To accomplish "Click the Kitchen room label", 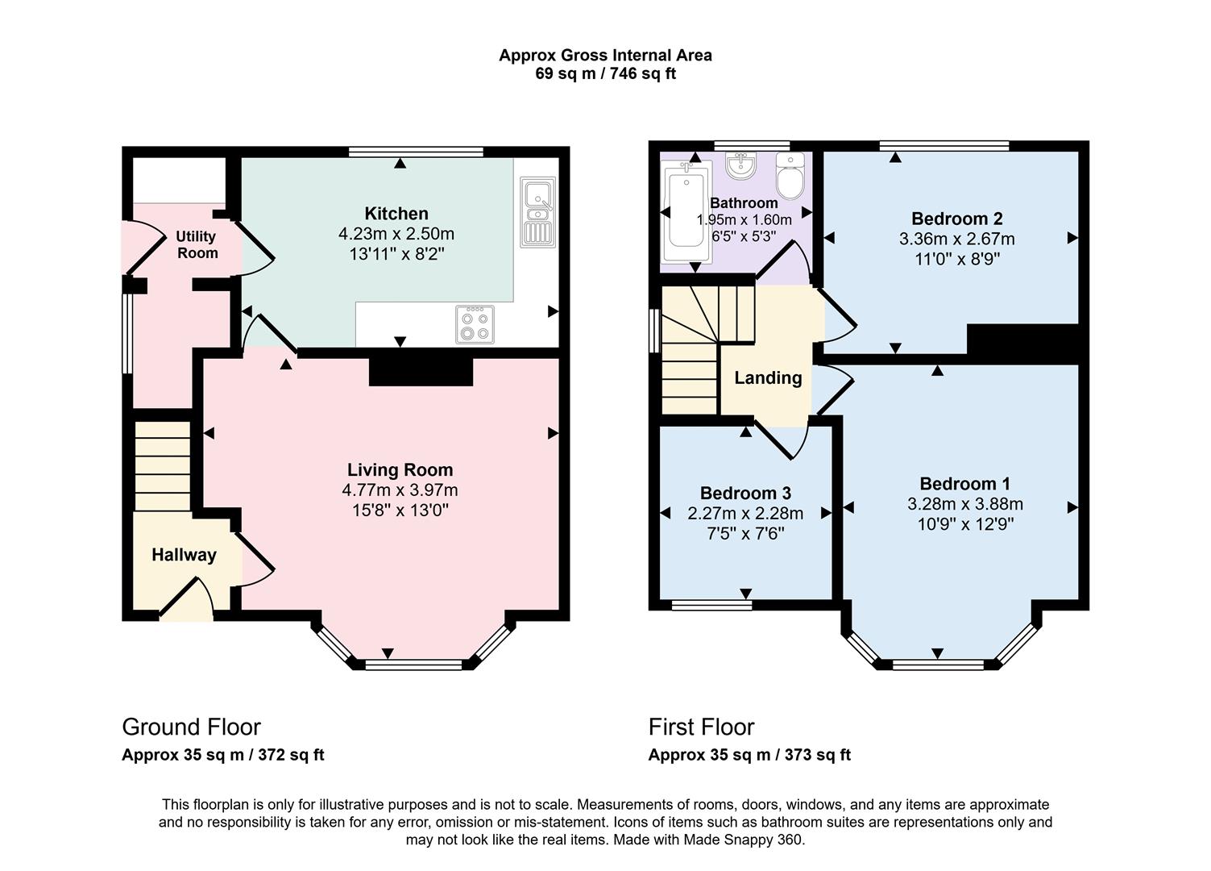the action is (x=396, y=213).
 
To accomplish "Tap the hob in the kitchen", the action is (x=475, y=324).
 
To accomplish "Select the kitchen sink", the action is (x=538, y=212).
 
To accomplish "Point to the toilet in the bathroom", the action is (x=790, y=175).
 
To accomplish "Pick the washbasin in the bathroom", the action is (x=740, y=165).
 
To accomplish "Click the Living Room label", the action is (x=400, y=469).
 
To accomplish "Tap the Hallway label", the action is (x=184, y=555).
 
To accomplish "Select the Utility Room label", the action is (x=197, y=244).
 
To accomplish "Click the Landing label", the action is (x=768, y=377).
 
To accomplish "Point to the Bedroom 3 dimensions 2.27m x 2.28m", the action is (x=745, y=513).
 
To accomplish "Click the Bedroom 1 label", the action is (x=965, y=483).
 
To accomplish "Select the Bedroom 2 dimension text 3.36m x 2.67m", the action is (x=957, y=239).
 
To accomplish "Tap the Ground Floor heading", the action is (x=192, y=727).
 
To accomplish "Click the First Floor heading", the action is (x=701, y=727).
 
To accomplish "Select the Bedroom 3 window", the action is (x=711, y=606).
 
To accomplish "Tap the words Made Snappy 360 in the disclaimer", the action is (x=743, y=840).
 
